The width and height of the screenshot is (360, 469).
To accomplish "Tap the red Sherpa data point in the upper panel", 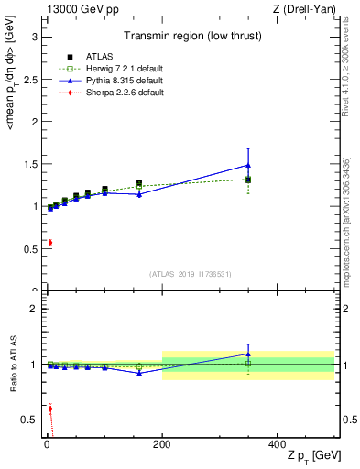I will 49,243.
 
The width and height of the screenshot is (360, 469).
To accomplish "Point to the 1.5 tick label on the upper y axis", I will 28,164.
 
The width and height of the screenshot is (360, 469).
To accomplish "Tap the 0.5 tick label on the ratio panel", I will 28,420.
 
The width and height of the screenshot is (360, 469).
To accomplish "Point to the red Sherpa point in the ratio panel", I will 49,409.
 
